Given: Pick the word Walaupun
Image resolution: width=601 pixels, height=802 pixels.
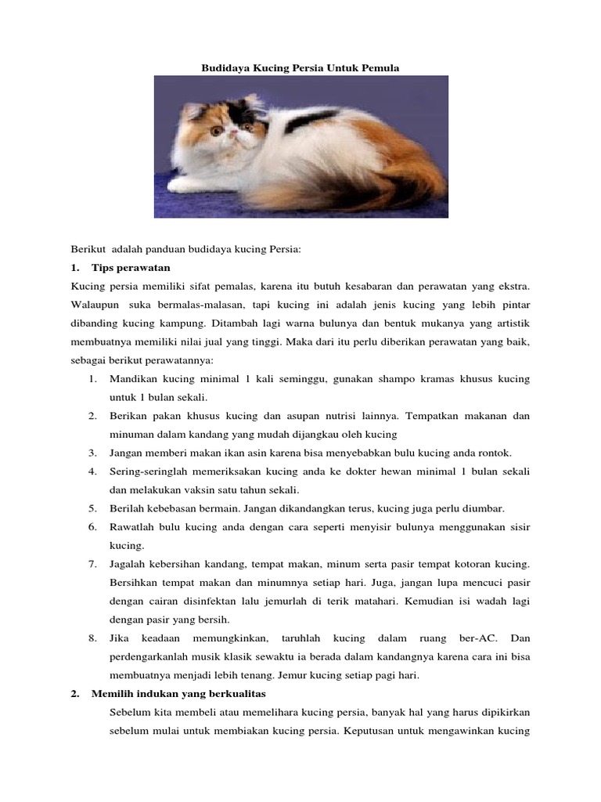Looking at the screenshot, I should (x=94, y=305).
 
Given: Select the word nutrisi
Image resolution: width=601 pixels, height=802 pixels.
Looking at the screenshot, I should (x=344, y=415).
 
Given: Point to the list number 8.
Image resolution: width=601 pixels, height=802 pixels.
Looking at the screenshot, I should (x=92, y=638).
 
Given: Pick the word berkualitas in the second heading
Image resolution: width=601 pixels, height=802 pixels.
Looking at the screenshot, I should (x=234, y=694).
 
